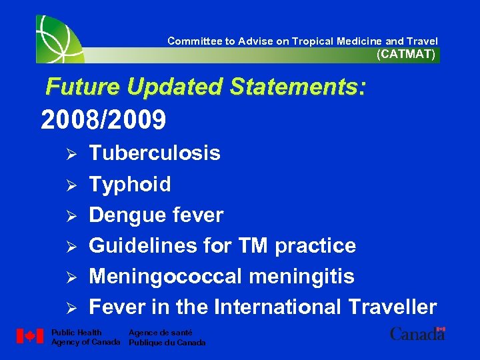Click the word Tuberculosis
(155, 153)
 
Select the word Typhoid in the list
(130, 185)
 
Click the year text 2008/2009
(103, 120)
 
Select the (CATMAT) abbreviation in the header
(406, 55)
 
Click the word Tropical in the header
(310, 41)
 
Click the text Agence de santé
(160, 332)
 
